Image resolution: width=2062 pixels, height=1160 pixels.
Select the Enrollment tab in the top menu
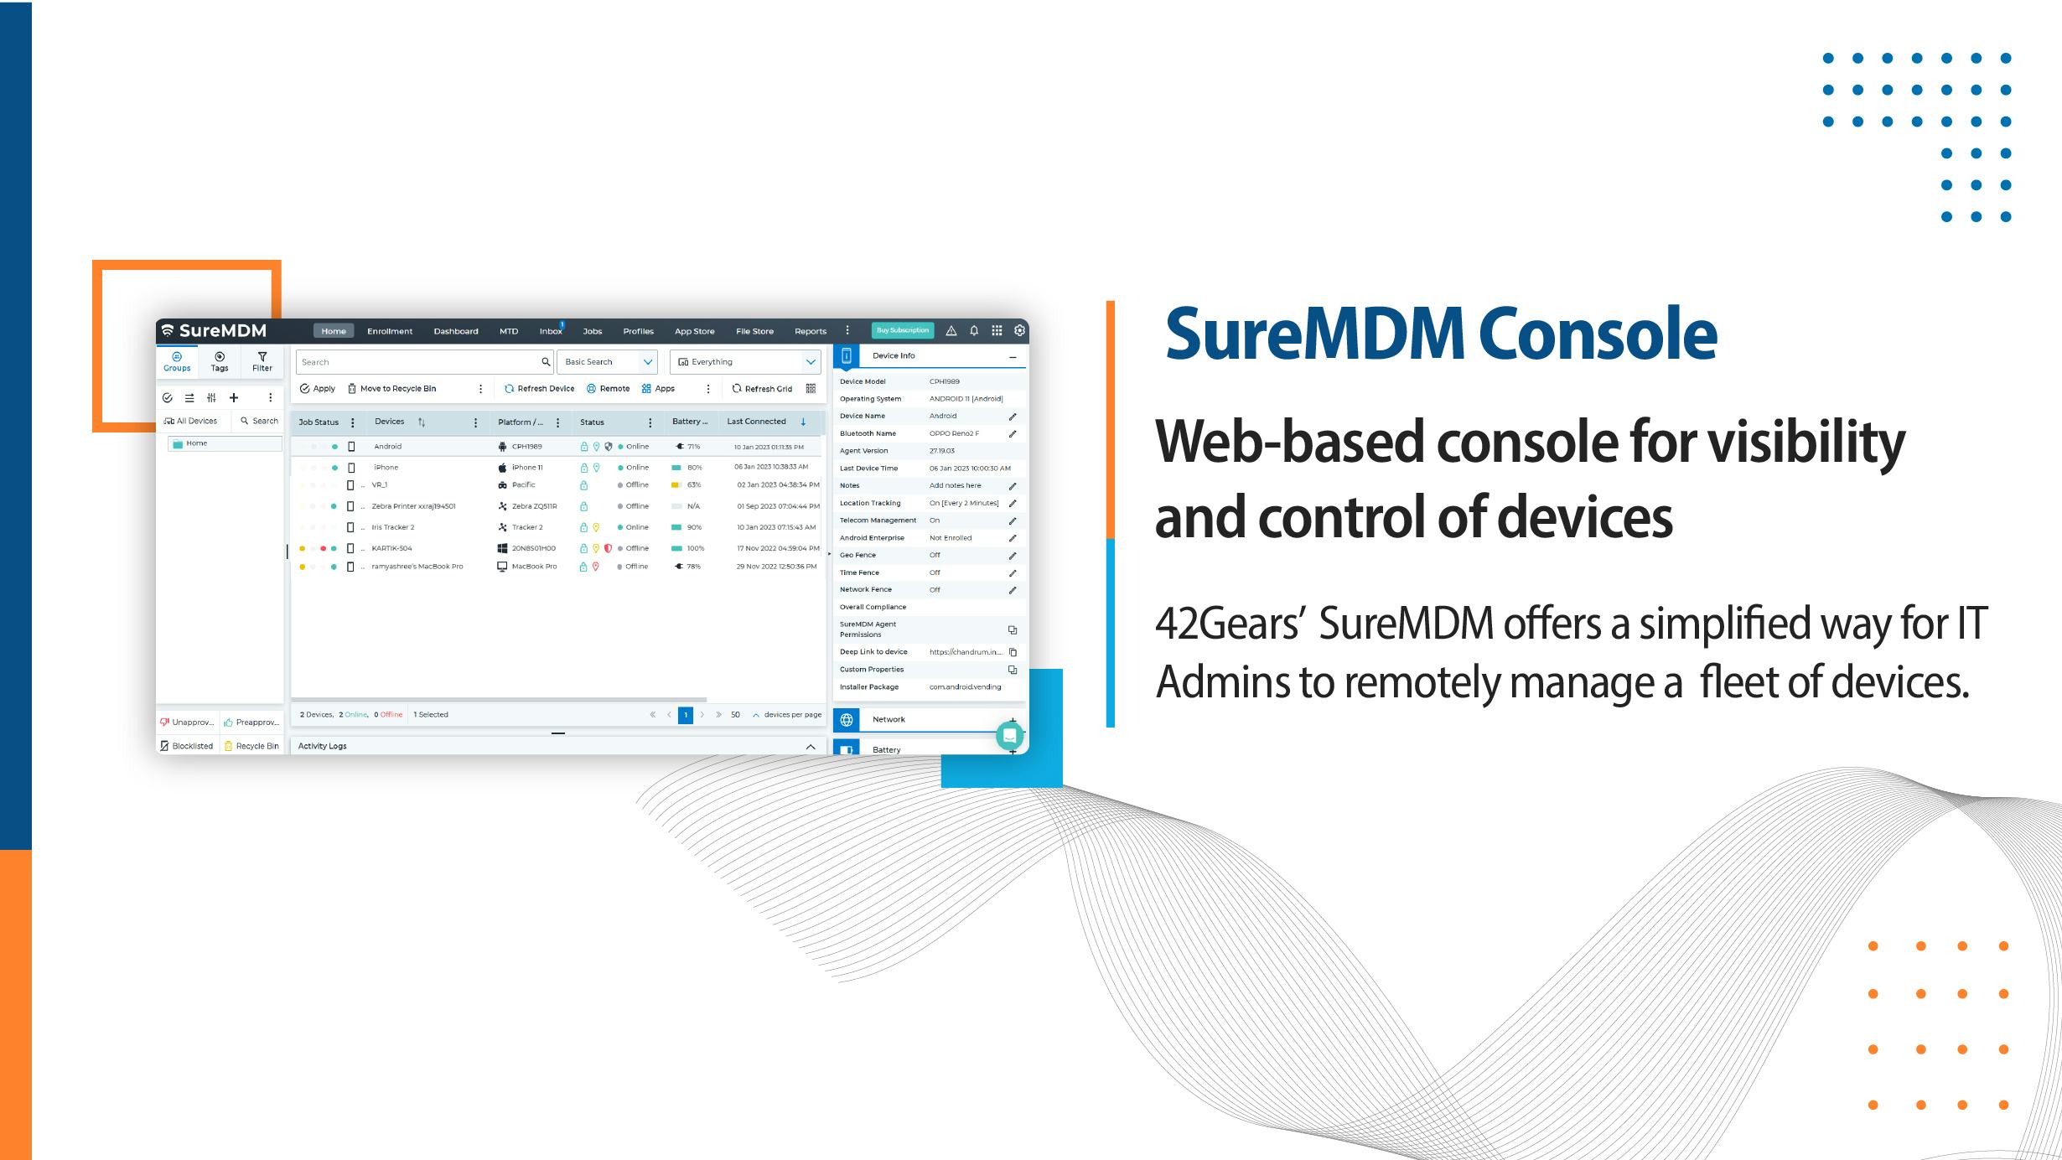(390, 331)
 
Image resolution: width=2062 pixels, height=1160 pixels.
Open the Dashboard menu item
(456, 331)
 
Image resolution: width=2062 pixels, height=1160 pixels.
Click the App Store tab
(694, 331)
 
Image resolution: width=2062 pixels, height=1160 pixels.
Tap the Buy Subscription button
(902, 330)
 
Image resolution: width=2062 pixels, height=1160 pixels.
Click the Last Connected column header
(756, 422)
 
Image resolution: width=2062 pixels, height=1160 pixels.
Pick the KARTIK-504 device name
(391, 548)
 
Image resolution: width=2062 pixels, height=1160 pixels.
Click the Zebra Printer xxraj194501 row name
(413, 506)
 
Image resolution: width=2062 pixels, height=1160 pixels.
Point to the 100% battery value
(696, 548)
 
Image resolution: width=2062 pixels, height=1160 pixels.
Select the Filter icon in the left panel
(262, 361)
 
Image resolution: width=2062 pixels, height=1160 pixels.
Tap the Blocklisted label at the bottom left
(192, 746)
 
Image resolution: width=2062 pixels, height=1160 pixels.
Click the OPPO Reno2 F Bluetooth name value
(954, 433)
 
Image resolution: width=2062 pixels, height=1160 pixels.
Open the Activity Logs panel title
(322, 746)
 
